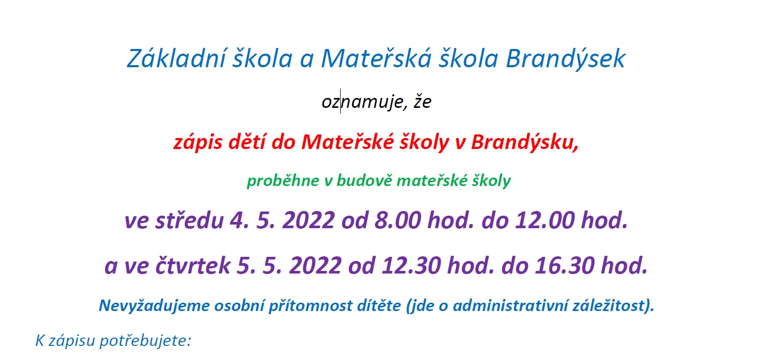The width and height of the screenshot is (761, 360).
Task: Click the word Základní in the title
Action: pyautogui.click(x=176, y=58)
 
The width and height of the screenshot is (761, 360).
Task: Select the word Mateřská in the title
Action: pyautogui.click(x=376, y=58)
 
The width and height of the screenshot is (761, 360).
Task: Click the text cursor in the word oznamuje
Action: pyautogui.click(x=341, y=101)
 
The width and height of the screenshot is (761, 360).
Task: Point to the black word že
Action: pyautogui.click(x=422, y=101)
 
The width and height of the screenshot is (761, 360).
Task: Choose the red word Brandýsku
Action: pyautogui.click(x=525, y=143)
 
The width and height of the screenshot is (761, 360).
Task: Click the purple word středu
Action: pyautogui.click(x=189, y=220)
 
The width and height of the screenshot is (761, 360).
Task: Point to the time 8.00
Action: pyautogui.click(x=398, y=220)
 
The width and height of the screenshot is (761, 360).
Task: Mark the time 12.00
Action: pyautogui.click(x=545, y=220)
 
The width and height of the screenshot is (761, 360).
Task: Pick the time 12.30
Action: pyautogui.click(x=411, y=265)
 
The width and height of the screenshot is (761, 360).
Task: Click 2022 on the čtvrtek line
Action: pyautogui.click(x=315, y=265)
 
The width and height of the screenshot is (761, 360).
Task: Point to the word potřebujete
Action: pyautogui.click(x=145, y=341)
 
